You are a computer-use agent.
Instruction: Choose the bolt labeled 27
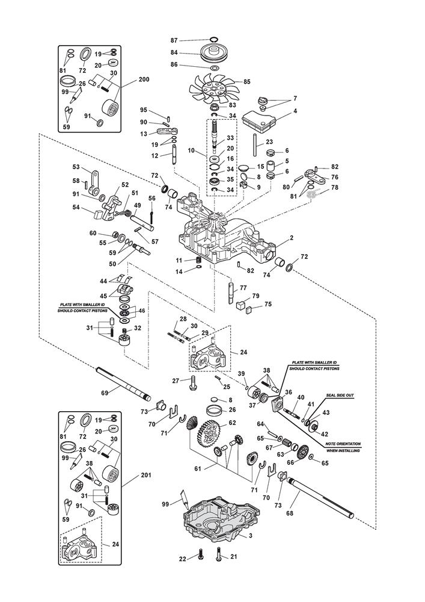(x=192, y=381)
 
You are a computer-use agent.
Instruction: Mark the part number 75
(x=268, y=304)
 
